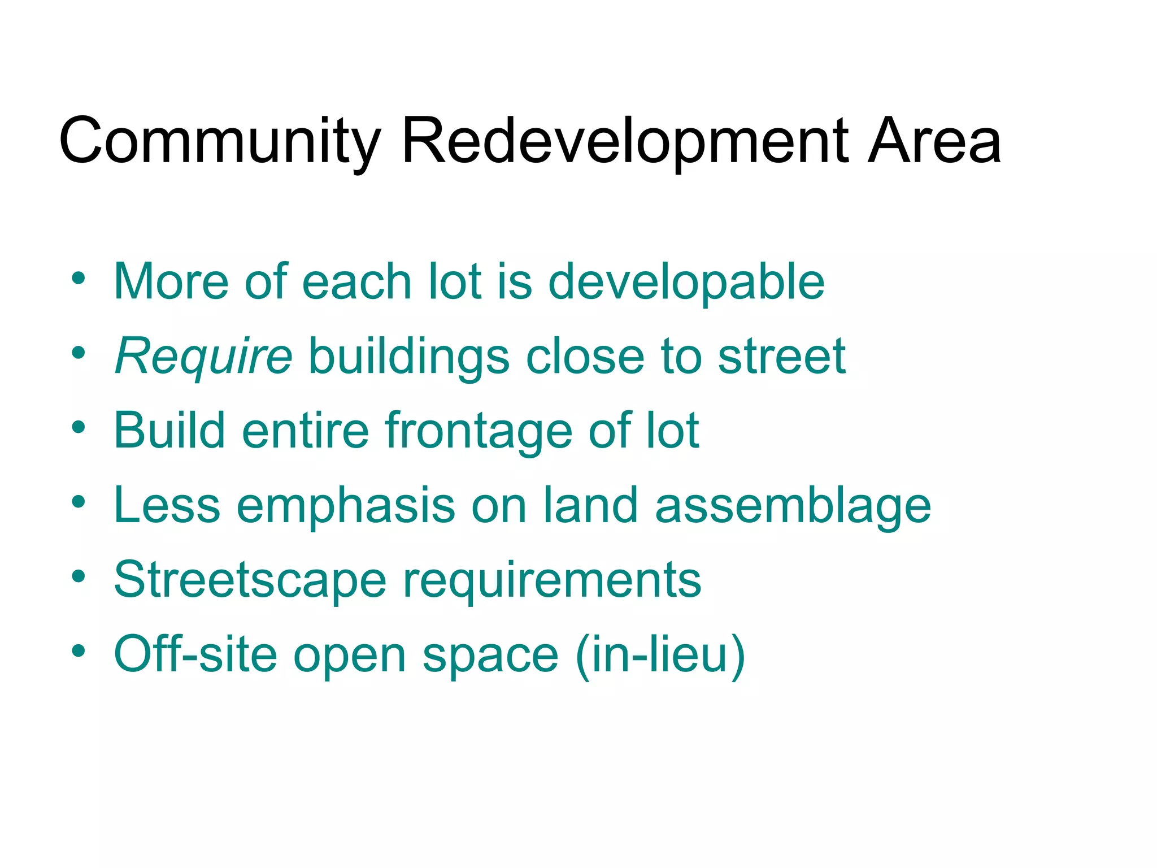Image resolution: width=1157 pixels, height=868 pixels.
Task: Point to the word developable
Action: [x=686, y=283]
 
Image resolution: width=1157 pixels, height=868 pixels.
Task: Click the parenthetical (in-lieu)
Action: [x=660, y=655]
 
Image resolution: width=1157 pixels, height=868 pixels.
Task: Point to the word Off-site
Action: [x=195, y=655]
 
